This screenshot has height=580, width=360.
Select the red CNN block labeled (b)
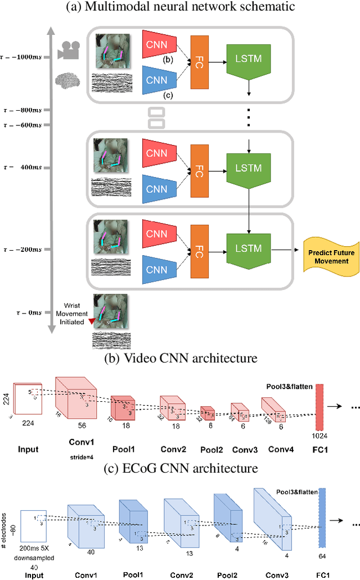[x=160, y=44]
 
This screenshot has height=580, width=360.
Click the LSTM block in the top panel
[x=248, y=59]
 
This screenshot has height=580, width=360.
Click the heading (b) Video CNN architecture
[x=180, y=358]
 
